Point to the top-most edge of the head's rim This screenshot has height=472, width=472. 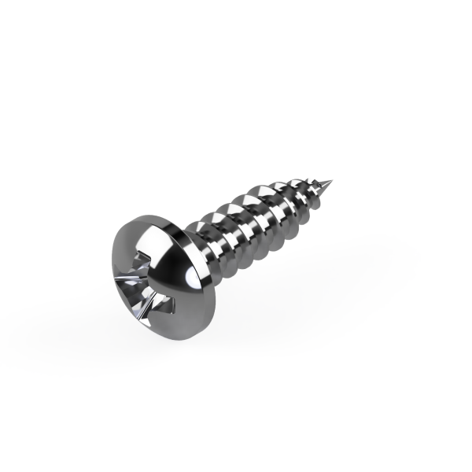tap(146, 212)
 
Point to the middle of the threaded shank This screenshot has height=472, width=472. tap(260, 220)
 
